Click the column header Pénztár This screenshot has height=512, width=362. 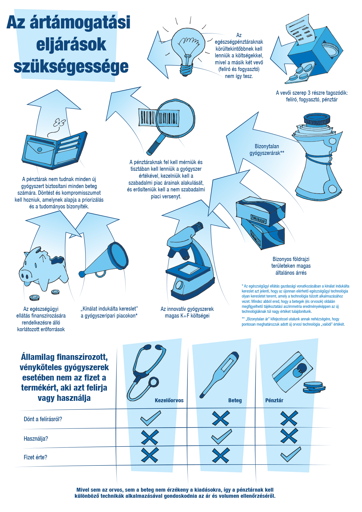click(x=274, y=400)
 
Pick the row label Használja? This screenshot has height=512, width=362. click(x=36, y=438)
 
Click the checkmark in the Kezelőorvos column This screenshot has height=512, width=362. click(x=151, y=418)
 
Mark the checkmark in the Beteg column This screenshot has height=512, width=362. click(x=221, y=437)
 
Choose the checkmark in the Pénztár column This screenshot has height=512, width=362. click(x=291, y=454)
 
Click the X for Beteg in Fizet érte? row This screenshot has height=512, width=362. click(x=221, y=455)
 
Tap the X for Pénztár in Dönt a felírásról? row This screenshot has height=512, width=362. click(x=289, y=418)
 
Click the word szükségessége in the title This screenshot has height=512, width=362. click(x=71, y=66)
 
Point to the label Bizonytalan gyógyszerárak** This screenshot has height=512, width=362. click(x=267, y=150)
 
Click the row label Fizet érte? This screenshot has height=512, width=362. click(x=35, y=457)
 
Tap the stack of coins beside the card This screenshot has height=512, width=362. click(x=314, y=387)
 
